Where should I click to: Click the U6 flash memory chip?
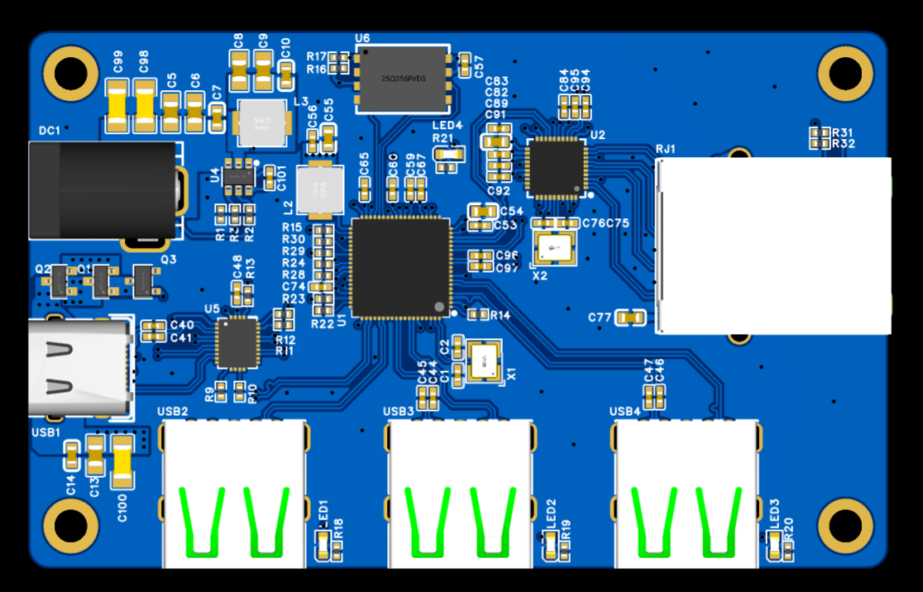coord(404,79)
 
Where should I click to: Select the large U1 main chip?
coord(401,267)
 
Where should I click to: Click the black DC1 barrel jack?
coord(103,190)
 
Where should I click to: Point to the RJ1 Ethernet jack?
coord(773,246)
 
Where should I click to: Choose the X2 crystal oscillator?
coord(553,246)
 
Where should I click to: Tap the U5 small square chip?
coord(237,342)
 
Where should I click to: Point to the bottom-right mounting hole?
coord(844,523)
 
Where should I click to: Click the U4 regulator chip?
coord(242,176)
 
